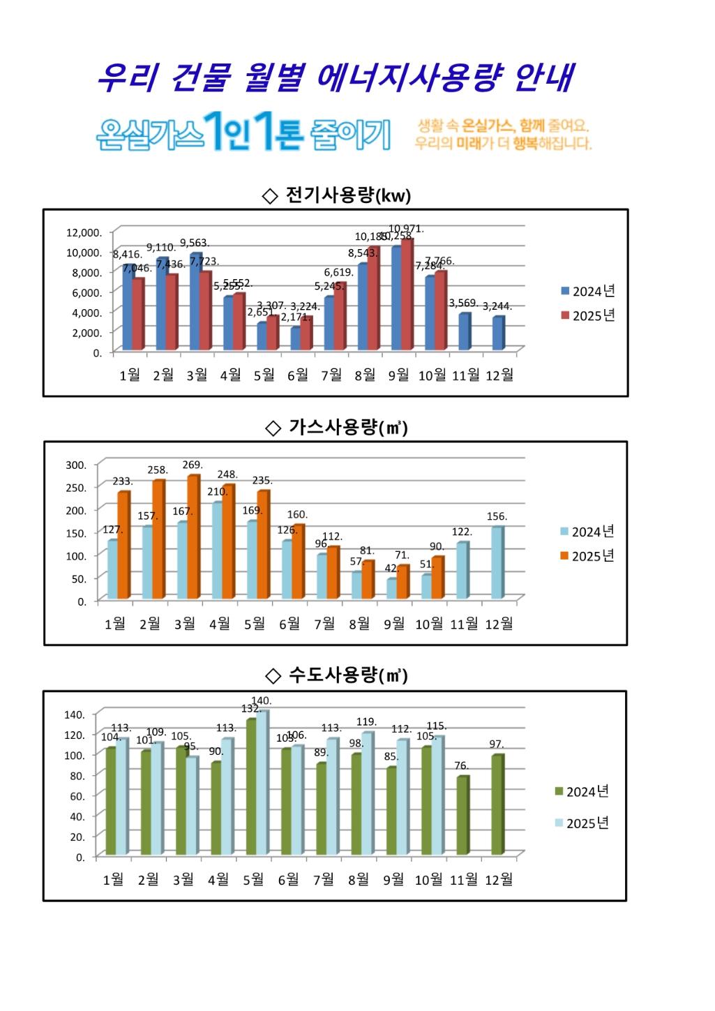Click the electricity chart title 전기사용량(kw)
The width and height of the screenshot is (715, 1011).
tap(347, 195)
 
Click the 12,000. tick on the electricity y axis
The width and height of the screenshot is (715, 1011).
tap(84, 232)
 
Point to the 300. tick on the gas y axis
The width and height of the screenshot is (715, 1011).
tap(76, 465)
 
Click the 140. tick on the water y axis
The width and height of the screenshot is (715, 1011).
tap(74, 714)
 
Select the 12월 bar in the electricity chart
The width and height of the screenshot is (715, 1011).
tap(498, 334)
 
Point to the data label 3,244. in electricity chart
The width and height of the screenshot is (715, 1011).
tap(497, 306)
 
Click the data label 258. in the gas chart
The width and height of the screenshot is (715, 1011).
tap(157, 470)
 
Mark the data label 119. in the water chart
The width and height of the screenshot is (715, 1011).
tap(366, 722)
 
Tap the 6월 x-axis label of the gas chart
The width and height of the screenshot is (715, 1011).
tap(289, 624)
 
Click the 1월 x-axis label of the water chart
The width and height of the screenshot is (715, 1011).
tap(113, 880)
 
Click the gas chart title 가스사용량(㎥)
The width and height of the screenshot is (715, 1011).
tap(347, 427)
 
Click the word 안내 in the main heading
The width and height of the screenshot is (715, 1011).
tap(543, 78)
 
